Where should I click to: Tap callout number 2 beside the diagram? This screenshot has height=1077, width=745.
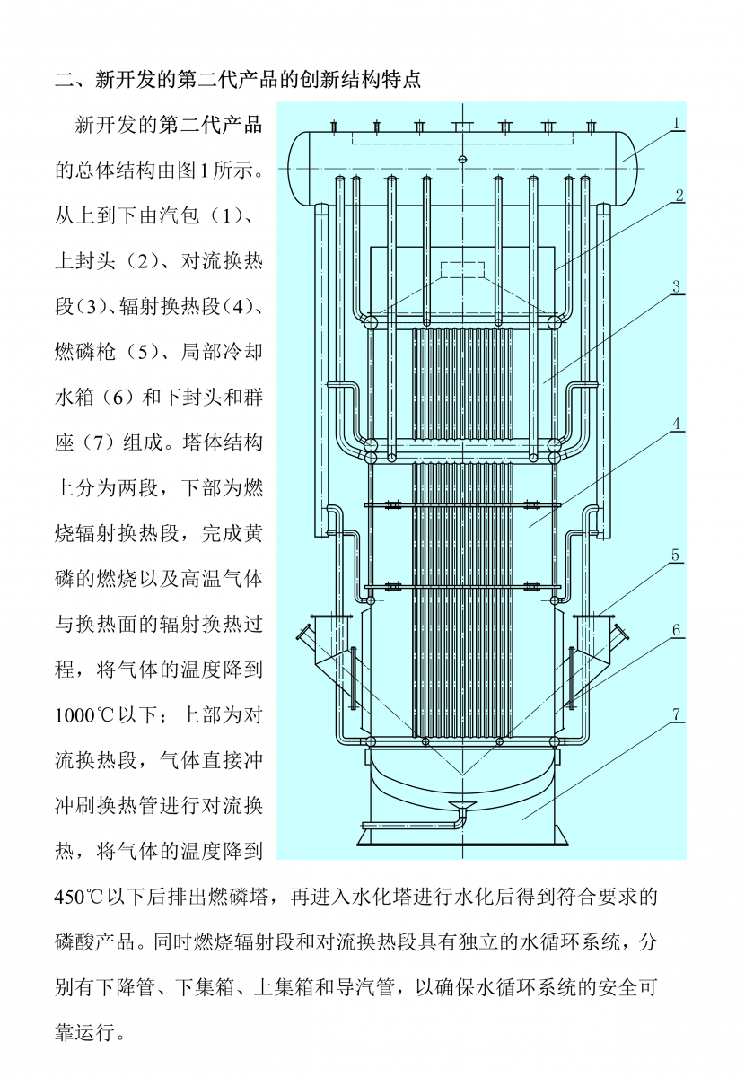679,195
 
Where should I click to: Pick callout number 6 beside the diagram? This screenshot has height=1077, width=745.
677,630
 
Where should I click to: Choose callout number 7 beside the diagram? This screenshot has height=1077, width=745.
677,715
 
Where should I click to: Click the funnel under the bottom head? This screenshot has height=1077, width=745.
462,801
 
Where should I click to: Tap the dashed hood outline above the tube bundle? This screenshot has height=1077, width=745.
463,270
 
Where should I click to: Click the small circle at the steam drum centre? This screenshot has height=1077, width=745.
463,160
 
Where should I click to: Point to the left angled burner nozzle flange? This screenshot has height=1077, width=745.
305,635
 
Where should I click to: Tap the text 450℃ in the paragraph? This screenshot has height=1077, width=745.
85,896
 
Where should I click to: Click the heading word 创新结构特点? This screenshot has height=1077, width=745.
358,79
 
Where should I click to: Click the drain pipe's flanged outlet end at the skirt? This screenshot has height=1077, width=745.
364,825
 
